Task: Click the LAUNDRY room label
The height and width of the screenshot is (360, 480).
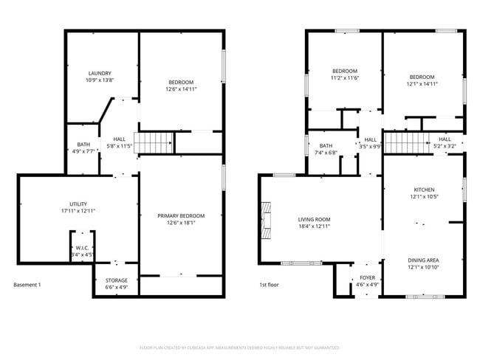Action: point(100,73)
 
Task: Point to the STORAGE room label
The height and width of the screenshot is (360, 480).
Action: point(116,280)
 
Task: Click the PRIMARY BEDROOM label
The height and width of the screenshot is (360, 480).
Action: point(181,215)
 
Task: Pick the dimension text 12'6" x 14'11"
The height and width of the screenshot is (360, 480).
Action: point(181,89)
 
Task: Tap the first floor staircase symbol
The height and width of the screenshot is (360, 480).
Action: point(406,141)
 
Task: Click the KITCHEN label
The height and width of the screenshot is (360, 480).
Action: point(423,190)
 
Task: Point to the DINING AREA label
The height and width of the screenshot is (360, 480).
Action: point(423,260)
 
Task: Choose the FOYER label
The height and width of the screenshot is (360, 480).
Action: point(367,278)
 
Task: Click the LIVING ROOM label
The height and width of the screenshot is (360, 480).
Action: point(314,219)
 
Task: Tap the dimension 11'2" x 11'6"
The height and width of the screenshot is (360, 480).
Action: point(343,78)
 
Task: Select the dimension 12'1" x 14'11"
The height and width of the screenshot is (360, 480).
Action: point(422,84)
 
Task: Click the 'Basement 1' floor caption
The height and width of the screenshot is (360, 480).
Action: point(27,285)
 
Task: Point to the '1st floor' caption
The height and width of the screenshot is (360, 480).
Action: point(269,285)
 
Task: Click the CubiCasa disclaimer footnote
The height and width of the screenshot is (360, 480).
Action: point(240,347)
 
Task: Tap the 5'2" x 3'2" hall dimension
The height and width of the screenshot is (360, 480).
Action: point(445,147)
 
